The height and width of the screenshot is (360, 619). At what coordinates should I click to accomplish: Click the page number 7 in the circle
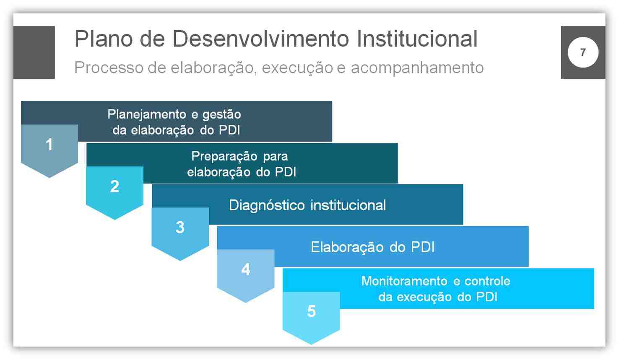583,52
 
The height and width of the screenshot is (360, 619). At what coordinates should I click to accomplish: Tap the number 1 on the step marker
49,145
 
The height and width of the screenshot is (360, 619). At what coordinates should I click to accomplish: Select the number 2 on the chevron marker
114,186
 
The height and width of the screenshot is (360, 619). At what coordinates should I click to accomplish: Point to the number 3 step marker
180,228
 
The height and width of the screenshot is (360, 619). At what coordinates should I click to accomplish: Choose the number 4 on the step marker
246,269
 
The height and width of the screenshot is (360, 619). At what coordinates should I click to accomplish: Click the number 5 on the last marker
312,311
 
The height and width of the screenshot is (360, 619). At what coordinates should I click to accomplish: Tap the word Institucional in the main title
417,39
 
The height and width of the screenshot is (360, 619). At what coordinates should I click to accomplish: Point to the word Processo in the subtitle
109,67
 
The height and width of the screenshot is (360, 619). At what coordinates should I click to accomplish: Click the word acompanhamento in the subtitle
417,68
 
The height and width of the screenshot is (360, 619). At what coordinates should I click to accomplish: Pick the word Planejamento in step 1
146,114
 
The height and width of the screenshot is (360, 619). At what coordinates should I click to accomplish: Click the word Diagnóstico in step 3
267,205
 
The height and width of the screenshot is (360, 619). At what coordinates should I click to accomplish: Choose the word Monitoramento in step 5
404,281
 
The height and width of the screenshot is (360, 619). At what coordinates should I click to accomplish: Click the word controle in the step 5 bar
487,281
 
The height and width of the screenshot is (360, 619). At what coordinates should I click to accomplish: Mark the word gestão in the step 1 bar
221,114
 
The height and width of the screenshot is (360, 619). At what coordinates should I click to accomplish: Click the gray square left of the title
34,52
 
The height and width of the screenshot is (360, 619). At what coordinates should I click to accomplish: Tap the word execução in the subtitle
297,68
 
